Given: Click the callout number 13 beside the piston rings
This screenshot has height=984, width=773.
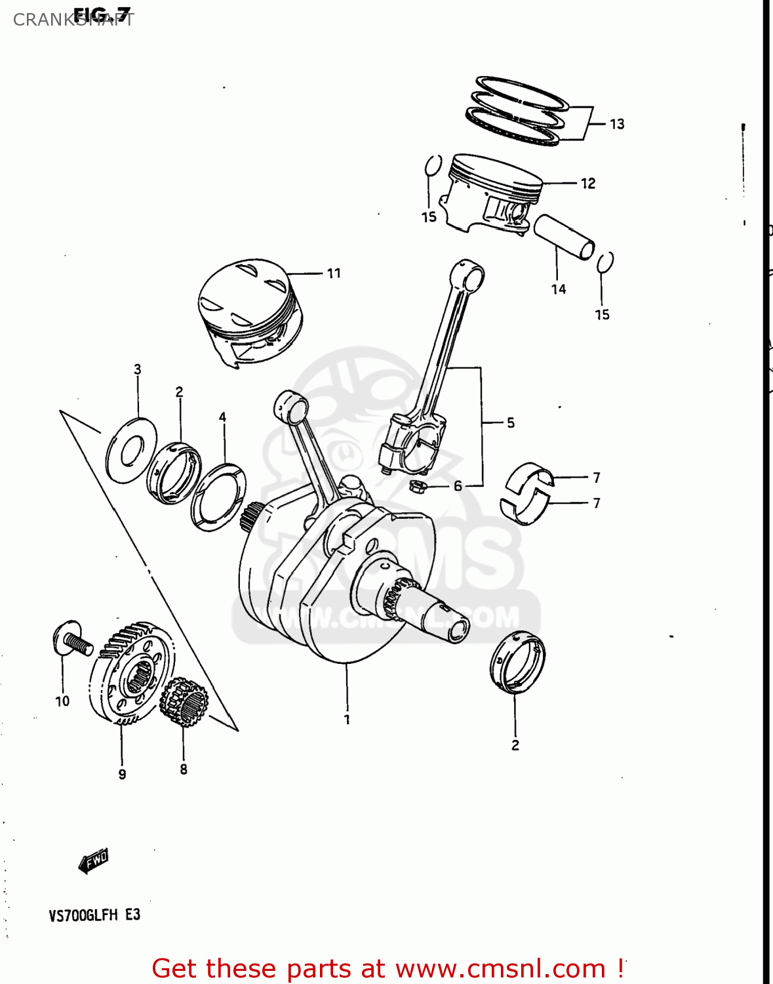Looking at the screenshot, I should coord(617,124).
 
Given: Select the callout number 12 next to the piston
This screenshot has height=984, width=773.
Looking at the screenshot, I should coord(588,184).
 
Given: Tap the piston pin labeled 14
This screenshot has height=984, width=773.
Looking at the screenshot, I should coord(564,237).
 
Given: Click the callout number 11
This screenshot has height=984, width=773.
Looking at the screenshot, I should coord(334,274).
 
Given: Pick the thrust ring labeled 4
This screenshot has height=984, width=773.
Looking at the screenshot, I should coord(218,497).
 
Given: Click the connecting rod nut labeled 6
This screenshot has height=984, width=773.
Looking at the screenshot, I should coord(416,486).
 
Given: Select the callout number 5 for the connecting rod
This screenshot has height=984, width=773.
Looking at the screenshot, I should coord(510,423).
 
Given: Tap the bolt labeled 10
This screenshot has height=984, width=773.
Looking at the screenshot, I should coord(69,638).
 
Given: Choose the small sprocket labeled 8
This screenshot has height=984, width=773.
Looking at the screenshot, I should coord(184,703).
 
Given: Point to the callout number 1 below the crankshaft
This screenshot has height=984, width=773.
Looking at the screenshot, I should coord(347,720).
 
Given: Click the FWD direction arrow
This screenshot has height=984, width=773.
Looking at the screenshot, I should coord(93,861).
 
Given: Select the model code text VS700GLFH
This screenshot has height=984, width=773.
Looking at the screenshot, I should coord(83,915).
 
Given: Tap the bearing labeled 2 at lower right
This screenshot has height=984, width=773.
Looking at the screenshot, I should coord(517,663).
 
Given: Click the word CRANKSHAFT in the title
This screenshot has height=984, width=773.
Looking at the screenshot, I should coord(73,20).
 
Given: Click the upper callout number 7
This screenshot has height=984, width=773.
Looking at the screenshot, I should coord(596,478).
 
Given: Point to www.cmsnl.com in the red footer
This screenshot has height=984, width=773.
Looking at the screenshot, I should coord(501,969).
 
